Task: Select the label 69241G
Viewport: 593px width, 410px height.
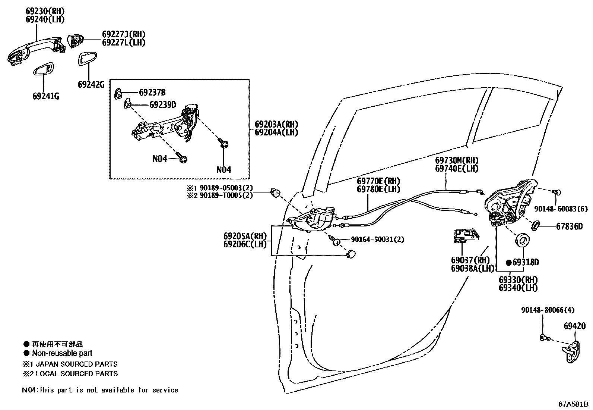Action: coord(46,96)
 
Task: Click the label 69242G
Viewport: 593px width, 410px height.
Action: coord(91,85)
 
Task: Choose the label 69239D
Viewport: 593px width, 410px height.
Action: coord(162,105)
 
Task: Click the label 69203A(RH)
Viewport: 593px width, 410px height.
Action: coord(276,124)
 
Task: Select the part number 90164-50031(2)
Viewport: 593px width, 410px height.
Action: coord(377,240)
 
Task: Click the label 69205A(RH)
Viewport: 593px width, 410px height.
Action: coord(245,236)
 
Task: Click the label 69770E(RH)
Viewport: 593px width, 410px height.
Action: coord(378,181)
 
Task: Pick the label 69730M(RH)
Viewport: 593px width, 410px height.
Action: coord(457,160)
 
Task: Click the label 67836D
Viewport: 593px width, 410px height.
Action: coord(569,226)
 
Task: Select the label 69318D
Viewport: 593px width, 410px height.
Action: coord(525,263)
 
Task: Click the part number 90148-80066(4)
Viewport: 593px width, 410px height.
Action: coord(548,310)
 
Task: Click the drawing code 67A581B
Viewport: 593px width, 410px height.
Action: coord(573,404)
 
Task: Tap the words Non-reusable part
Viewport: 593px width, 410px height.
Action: coord(62,353)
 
